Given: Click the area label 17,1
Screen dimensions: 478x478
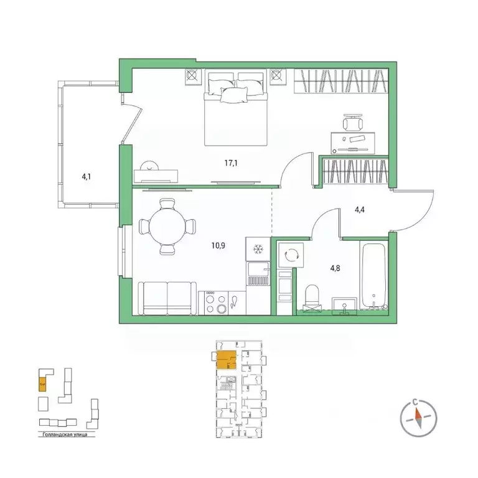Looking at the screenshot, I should click(x=231, y=163).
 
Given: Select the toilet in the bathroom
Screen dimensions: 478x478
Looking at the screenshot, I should click(x=312, y=297).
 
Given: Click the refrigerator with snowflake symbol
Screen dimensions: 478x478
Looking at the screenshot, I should click(x=258, y=249).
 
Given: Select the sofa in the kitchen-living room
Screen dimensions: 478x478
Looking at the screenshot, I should click(x=167, y=299).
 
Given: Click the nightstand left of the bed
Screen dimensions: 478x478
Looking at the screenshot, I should click(x=192, y=77).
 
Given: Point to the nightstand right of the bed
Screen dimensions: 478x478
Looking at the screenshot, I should click(x=278, y=77).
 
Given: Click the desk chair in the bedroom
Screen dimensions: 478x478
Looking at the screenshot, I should click(x=352, y=121).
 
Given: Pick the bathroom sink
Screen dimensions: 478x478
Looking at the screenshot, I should click(x=343, y=306).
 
